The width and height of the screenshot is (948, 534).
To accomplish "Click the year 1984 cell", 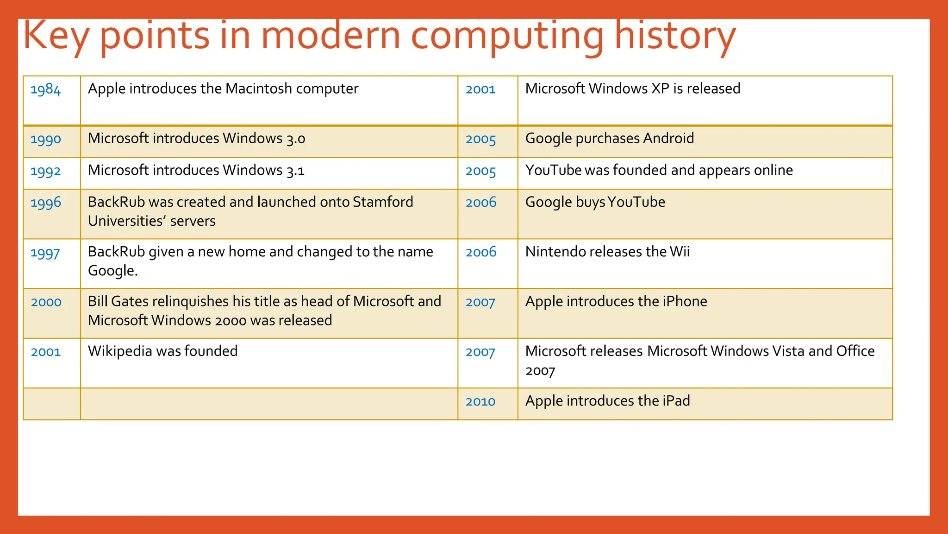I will pyautogui.click(x=45, y=89).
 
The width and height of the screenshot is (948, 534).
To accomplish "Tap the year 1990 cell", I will pyautogui.click(x=45, y=139).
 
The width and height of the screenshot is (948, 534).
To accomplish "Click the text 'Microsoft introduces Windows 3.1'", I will pyautogui.click(x=196, y=171).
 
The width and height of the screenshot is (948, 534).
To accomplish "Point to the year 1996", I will pyautogui.click(x=45, y=203).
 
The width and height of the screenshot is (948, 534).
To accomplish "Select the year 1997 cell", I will pyautogui.click(x=45, y=253).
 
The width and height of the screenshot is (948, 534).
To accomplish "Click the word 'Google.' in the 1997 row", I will pyautogui.click(x=112, y=271).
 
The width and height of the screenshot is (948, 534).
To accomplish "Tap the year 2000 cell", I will pyautogui.click(x=46, y=302).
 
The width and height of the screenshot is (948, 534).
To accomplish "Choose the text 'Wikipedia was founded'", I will pyautogui.click(x=162, y=351).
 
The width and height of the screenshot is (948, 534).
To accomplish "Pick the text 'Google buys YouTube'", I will pyautogui.click(x=595, y=202).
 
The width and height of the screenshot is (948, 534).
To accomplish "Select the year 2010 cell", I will pyautogui.click(x=480, y=401).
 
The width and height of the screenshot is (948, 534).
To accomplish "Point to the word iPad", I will pyautogui.click(x=676, y=401).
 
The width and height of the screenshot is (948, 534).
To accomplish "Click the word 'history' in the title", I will pyautogui.click(x=674, y=36).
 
